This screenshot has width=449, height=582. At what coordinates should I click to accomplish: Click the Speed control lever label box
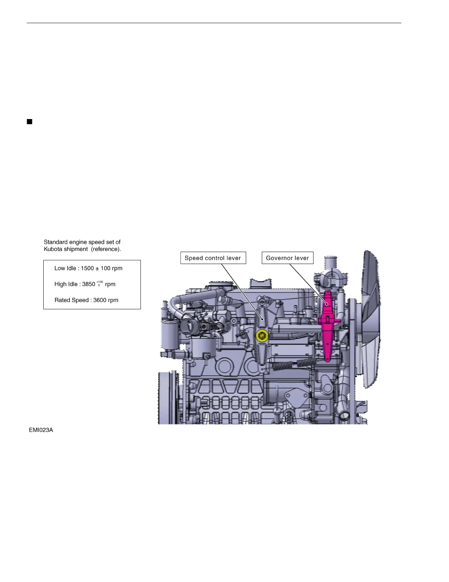[x=213, y=258]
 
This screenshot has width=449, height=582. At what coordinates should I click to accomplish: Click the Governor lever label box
[x=287, y=258]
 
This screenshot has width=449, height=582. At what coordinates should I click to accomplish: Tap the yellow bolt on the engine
[x=262, y=335]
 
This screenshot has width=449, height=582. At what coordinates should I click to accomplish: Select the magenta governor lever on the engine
[x=327, y=323]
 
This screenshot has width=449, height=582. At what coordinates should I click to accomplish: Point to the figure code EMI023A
[x=41, y=430]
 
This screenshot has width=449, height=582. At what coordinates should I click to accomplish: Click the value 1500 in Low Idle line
[x=87, y=268]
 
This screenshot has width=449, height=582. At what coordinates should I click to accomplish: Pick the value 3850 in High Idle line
[x=88, y=284]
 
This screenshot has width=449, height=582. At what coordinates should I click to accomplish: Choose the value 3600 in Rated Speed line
[x=100, y=300]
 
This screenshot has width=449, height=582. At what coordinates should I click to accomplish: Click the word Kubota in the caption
[x=53, y=249]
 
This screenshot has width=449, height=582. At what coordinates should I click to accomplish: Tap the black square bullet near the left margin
[x=30, y=122]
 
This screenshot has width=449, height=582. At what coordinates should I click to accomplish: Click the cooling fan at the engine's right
[x=370, y=320]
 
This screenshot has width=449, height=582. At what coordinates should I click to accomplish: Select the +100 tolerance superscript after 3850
[x=100, y=282]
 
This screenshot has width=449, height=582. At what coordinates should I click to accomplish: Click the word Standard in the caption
[x=55, y=242]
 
